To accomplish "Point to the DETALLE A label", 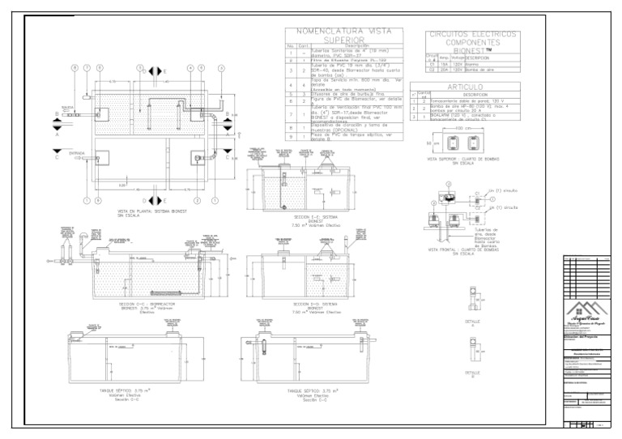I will (x=475, y=322).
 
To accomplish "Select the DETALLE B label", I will (x=475, y=374).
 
